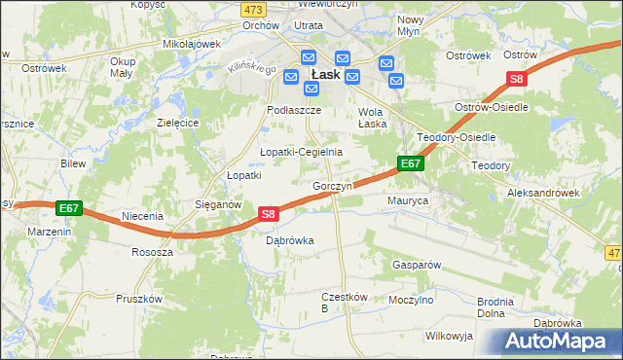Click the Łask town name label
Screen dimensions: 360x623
click(324, 74)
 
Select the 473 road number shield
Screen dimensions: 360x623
click(254, 8)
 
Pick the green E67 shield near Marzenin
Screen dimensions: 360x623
click(68, 208)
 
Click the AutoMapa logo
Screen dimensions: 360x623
click(560, 341)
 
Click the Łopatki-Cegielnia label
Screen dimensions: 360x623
click(301, 153)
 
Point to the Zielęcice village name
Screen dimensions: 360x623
click(178, 124)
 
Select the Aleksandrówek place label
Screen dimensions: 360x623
click(543, 193)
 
